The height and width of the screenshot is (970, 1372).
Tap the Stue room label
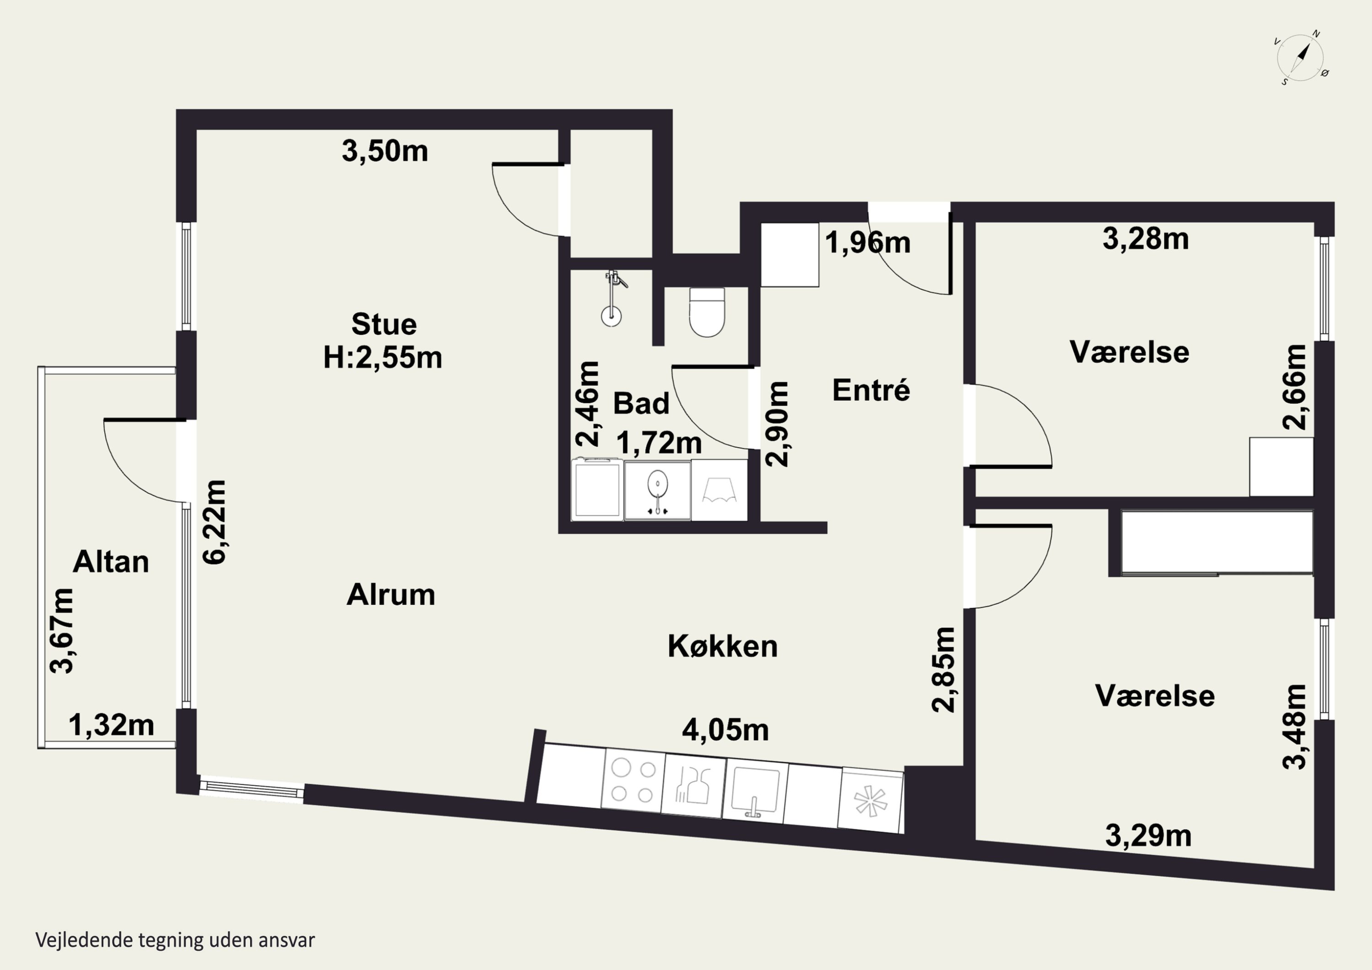[384, 325]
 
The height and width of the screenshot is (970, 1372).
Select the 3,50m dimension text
[385, 151]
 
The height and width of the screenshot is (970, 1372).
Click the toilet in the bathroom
[707, 312]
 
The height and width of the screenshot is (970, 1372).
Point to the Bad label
[641, 403]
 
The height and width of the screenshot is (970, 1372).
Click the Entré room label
[871, 390]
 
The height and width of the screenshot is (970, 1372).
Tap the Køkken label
[723, 647]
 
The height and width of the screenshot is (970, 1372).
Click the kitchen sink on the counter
[755, 792]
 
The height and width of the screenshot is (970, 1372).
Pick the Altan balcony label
[111, 563]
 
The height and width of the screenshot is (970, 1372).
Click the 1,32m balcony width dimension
[112, 726]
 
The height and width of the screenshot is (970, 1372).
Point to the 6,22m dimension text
[214, 522]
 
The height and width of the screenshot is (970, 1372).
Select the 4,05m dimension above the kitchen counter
[725, 730]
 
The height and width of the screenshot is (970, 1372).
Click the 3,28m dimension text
[1146, 239]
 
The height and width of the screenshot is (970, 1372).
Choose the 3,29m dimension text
[1148, 836]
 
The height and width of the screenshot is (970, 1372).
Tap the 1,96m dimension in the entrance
[868, 243]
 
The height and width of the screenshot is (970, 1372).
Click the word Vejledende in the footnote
[84, 940]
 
